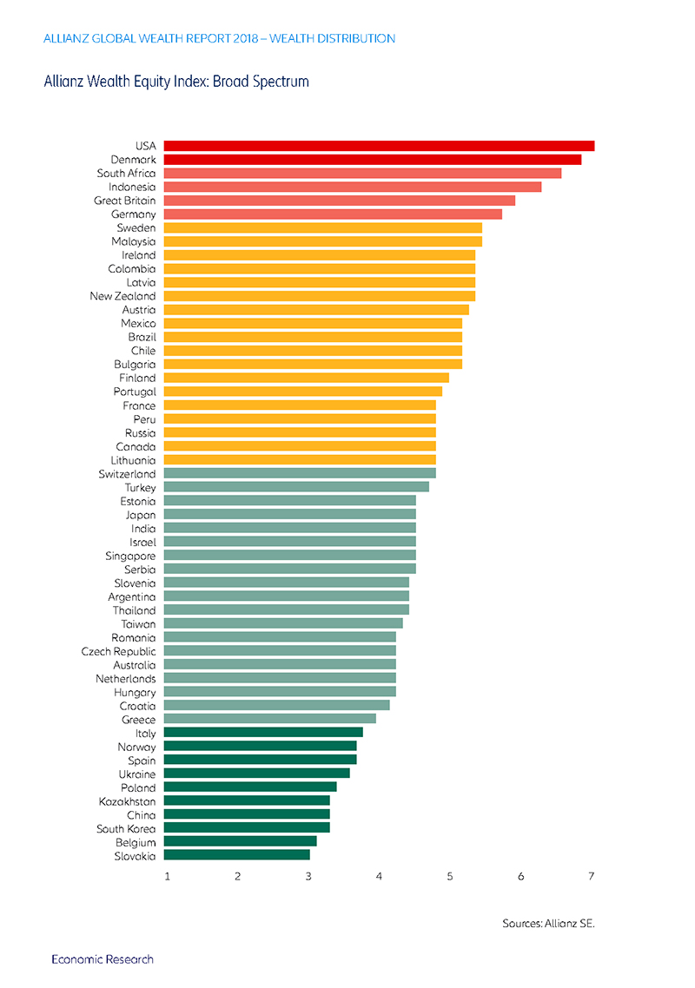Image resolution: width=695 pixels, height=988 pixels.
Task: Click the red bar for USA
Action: pyautogui.click(x=379, y=146)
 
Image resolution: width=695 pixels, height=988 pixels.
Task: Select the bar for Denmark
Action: pyautogui.click(x=373, y=160)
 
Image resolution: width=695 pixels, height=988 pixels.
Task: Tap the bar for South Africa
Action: pyautogui.click(x=362, y=174)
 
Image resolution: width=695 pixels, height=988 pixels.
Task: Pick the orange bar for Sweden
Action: pyautogui.click(x=323, y=228)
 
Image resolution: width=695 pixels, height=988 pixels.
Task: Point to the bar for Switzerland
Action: pyautogui.click(x=300, y=473)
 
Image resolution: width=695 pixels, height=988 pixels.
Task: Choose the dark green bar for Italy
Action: pyautogui.click(x=263, y=732)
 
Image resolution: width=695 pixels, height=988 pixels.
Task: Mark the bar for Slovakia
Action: pyautogui.click(x=237, y=855)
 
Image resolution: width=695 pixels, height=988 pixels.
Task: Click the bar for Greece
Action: pyautogui.click(x=270, y=719)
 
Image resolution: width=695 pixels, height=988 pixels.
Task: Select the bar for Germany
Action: pyautogui.click(x=333, y=214)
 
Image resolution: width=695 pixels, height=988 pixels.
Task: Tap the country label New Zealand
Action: pyautogui.click(x=122, y=296)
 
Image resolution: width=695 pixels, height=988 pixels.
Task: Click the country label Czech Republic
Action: pyautogui.click(x=118, y=651)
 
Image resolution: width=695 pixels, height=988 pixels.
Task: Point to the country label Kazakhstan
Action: pyautogui.click(x=128, y=801)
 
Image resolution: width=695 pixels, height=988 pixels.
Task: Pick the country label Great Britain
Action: pyautogui.click(x=125, y=201)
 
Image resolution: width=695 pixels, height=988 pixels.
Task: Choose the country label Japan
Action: pyautogui.click(x=141, y=516)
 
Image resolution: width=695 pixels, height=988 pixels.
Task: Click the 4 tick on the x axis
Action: pyautogui.click(x=379, y=877)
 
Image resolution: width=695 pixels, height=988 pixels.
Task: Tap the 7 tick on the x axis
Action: pyautogui.click(x=592, y=877)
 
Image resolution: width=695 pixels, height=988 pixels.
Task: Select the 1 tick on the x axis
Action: pyautogui.click(x=167, y=877)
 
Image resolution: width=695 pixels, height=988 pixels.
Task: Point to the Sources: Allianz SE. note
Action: pyautogui.click(x=549, y=924)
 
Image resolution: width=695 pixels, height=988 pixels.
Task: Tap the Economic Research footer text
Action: pyautogui.click(x=103, y=959)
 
